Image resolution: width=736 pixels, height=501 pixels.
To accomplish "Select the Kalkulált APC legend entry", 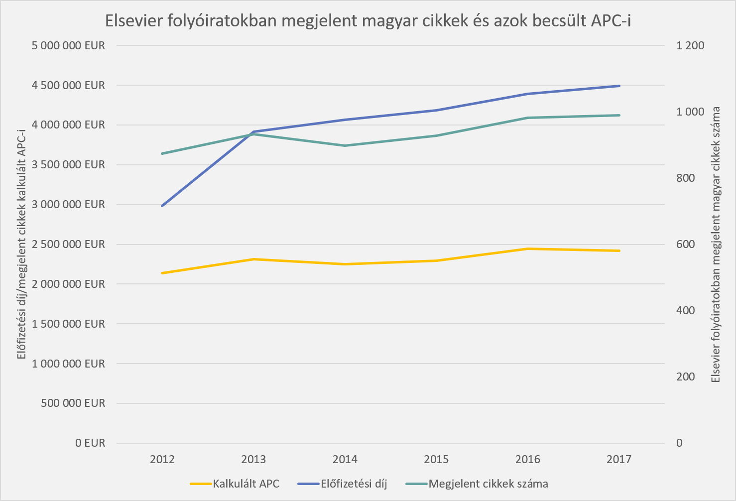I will coord(245,484).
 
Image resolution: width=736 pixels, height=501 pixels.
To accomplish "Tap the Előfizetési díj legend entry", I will coord(354,484).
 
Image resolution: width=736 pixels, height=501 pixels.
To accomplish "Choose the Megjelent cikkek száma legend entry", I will coord(488,484).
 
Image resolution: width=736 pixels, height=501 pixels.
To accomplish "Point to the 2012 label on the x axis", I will coord(162,459).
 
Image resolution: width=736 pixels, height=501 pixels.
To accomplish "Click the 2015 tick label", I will coord(436,459).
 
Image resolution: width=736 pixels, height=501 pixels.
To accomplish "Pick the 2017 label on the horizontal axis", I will coord(619,459).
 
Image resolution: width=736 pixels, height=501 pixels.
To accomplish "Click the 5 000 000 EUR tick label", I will coord(68,45).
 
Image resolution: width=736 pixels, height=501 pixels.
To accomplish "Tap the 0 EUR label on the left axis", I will coord(90,443).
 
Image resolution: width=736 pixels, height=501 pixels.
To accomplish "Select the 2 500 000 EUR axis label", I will coord(68,244).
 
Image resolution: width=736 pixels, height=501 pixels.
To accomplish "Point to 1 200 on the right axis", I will coord(690,45).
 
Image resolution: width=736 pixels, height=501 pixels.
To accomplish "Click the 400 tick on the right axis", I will coord(685,310).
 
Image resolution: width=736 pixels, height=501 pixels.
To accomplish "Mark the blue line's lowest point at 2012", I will coord(162,206).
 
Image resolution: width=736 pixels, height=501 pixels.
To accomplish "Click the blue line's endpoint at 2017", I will coord(619,86).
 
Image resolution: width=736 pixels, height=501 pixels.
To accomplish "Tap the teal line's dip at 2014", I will coord(345,145).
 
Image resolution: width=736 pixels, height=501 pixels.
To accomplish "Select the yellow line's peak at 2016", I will coord(528,249).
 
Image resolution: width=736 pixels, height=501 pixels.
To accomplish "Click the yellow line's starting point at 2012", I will coord(162,273).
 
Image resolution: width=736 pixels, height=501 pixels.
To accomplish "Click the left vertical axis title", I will coord(21,244).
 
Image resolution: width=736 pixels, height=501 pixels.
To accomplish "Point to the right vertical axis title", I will coord(716,244).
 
